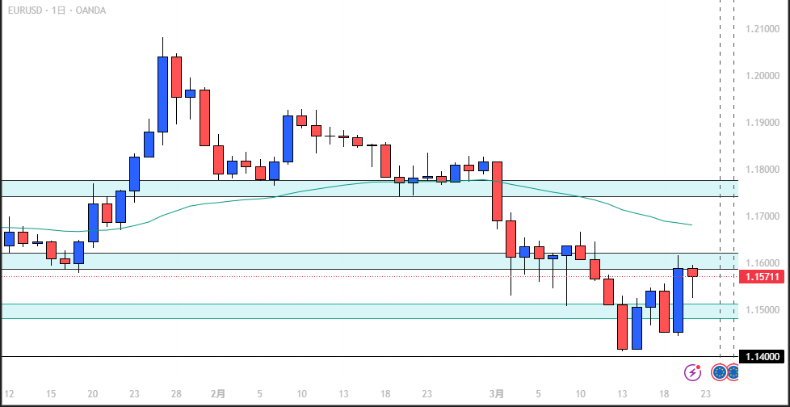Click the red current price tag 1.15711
[x=760, y=277]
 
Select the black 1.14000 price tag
[x=760, y=357]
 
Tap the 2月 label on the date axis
[x=218, y=394]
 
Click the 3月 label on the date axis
[x=498, y=394]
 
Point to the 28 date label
[x=176, y=394]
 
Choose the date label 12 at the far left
[x=9, y=394]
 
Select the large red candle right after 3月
[x=498, y=191]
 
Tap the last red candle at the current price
[x=693, y=272]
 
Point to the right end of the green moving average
[x=691, y=224]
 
